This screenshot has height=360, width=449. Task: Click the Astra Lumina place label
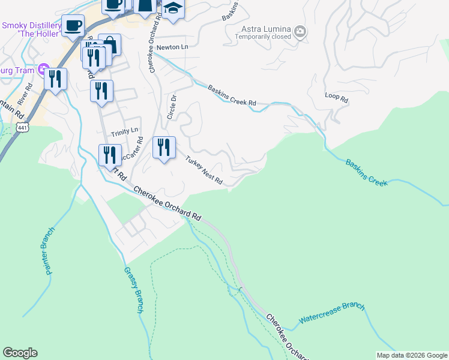[265, 29]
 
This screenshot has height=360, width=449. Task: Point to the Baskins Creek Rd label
[232, 96]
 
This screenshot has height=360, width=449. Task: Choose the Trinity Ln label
[124, 130]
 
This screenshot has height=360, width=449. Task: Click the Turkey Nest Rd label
[204, 171]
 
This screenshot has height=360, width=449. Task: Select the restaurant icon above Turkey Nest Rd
[164, 147]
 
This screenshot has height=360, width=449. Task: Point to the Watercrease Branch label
[332, 314]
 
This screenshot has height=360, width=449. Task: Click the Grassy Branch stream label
[133, 290]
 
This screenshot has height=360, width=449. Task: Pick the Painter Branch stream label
[50, 251]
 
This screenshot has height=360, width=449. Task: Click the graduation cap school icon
[173, 9]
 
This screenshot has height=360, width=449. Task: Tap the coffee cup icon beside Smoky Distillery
[73, 25]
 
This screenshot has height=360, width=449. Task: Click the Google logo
[20, 353]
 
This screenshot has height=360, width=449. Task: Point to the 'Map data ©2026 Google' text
[412, 355]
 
